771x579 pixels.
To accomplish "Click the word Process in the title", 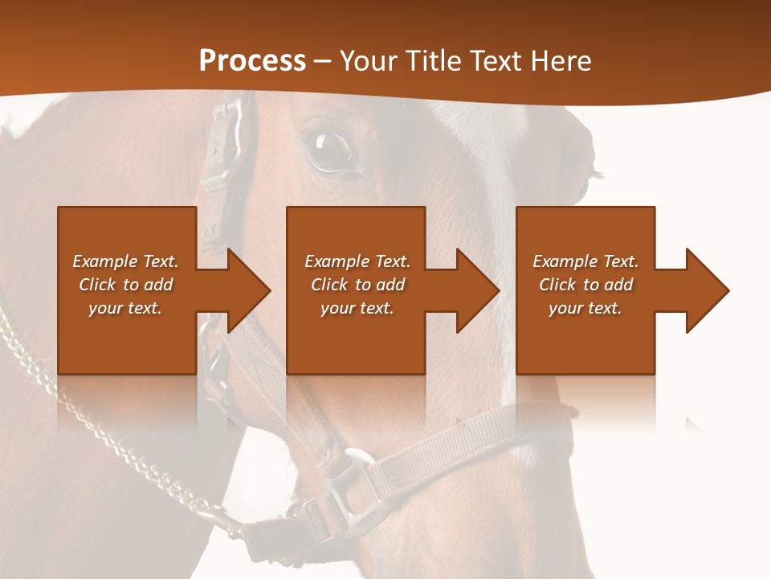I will pos(252,61).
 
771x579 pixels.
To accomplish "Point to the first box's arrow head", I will pos(245,290).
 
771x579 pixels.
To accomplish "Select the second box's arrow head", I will pos(475,290).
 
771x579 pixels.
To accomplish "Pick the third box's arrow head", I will pos(704,290).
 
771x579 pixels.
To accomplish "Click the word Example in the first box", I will pos(104,261).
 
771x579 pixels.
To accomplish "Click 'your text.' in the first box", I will pos(125,308).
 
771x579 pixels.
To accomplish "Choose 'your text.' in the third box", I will pos(585,308).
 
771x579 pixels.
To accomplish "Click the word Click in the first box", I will pos(97,285).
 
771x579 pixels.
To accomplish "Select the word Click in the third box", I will pos(557,285).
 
